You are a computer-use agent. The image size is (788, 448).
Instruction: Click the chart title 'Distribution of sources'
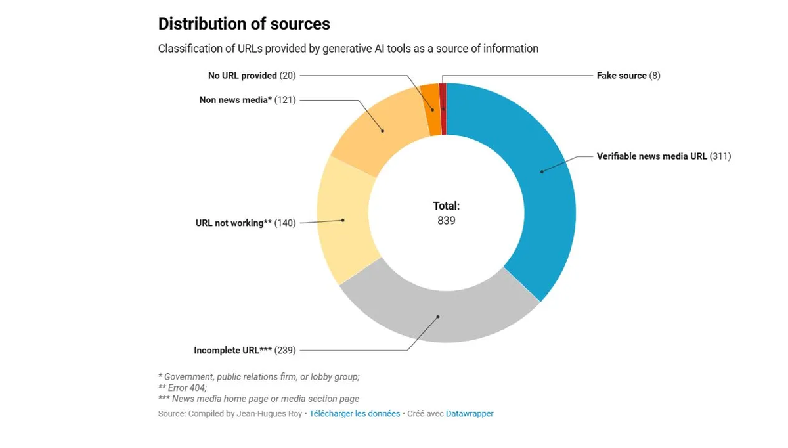[244, 24]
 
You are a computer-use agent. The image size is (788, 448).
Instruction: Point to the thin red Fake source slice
[443, 109]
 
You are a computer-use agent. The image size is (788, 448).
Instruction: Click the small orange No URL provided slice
[431, 110]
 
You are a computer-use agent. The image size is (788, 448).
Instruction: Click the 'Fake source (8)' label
[628, 76]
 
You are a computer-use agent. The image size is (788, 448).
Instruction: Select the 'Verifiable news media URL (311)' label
[663, 156]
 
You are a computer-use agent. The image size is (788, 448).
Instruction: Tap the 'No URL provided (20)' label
[252, 76]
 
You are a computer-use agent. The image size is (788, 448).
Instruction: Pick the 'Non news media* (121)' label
[248, 100]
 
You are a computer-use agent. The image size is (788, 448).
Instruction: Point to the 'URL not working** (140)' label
[246, 223]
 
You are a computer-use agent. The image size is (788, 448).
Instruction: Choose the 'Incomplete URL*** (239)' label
[244, 351]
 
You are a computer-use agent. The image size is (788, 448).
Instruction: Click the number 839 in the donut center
[447, 221]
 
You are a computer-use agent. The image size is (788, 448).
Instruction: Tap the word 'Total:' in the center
[447, 206]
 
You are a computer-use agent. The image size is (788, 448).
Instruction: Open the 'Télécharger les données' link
[355, 414]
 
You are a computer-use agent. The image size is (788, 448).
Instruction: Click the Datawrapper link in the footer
[470, 414]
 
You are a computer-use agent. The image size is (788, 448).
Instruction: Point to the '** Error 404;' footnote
[183, 388]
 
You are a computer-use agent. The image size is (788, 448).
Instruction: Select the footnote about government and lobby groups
[259, 377]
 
